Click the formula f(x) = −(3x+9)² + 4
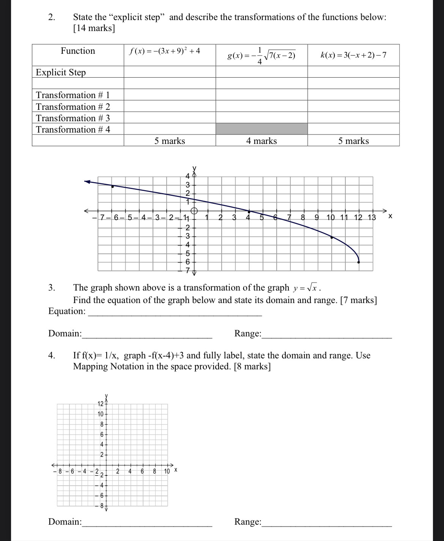(165, 51)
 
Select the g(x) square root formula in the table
(261, 56)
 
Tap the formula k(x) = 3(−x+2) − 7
(353, 55)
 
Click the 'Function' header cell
(78, 51)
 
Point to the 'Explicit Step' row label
(61, 72)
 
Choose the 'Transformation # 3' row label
(73, 118)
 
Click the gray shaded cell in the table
(261, 129)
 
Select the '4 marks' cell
(261, 141)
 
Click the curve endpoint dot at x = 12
(359, 262)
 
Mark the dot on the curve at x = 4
(249, 211)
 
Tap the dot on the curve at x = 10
(332, 237)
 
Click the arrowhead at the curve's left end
(87, 182)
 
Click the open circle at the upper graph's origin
(194, 211)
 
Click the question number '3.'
(52, 288)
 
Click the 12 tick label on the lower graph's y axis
(100, 403)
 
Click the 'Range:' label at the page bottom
(247, 522)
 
